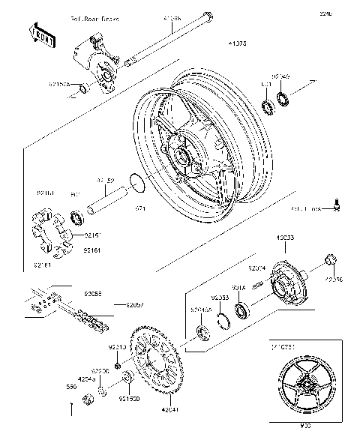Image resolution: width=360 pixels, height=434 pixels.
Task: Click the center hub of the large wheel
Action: coord(182,154)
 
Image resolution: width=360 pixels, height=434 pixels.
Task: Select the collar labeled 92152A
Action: coord(85,89)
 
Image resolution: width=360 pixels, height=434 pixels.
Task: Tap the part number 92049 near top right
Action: coord(280,76)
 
